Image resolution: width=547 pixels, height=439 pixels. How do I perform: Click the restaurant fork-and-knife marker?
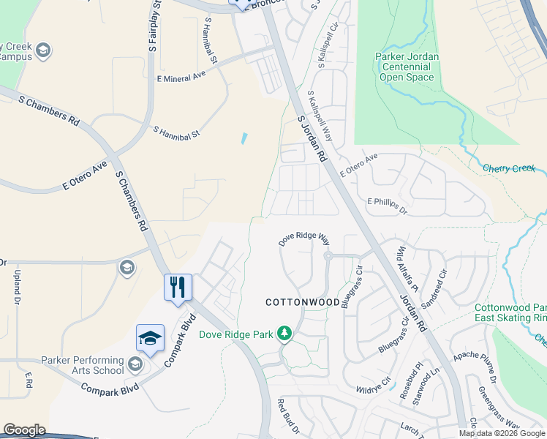click(x=177, y=287)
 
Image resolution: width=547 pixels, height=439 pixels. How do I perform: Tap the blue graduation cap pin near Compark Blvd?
click(x=150, y=339)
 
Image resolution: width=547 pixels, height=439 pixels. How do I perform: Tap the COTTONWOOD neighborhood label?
click(x=302, y=301)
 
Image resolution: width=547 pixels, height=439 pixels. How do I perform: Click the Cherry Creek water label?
click(x=509, y=168)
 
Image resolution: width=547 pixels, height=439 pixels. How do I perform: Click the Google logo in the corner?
click(x=25, y=430)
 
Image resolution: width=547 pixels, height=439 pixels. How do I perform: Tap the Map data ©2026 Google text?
click(x=501, y=433)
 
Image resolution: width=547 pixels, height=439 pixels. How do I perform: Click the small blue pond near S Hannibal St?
click(x=244, y=138)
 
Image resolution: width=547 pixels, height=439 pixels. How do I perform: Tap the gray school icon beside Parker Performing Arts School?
click(x=135, y=364)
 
